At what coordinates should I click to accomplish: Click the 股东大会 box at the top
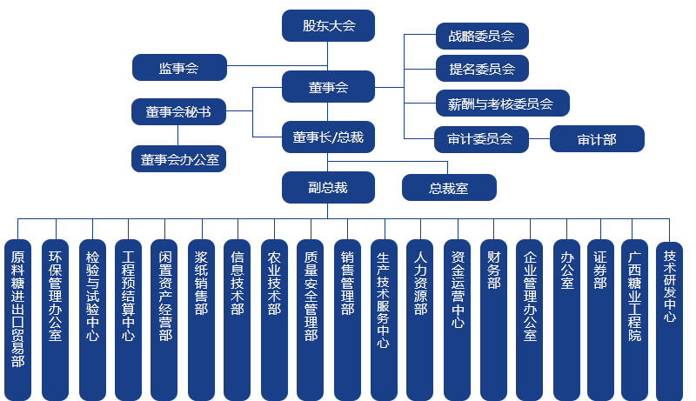coord(328,25)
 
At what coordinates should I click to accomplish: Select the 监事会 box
coord(178,67)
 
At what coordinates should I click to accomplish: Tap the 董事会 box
coord(328,87)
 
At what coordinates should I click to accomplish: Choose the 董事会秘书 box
coord(178,112)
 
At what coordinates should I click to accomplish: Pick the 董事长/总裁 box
coord(328,137)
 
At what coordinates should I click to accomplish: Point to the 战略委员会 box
coord(481,37)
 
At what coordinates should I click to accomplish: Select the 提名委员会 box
coord(481,69)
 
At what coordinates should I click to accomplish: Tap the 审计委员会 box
coord(481,138)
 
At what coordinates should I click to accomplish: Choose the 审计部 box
coord(596,138)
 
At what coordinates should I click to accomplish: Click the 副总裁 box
coord(328,186)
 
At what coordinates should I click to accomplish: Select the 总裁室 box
coord(448,188)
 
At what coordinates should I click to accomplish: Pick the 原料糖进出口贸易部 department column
coord(18,318)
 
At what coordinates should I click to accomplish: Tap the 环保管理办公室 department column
coord(55,318)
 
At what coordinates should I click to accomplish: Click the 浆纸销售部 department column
coord(201,318)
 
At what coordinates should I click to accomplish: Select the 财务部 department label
coord(493,271)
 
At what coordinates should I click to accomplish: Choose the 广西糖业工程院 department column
coord(634,318)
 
